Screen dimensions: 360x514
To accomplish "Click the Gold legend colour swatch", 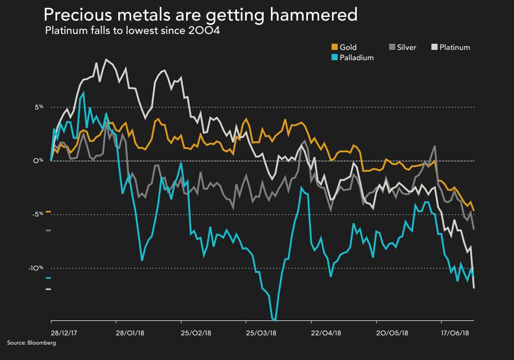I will click(x=335, y=47).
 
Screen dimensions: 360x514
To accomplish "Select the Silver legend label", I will click(x=407, y=47).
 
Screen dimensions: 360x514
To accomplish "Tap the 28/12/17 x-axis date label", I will click(x=64, y=332).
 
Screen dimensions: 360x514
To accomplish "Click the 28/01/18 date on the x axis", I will click(x=130, y=332).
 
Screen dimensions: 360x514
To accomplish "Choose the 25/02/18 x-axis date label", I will click(x=195, y=332).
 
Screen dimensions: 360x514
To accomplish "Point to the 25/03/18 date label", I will click(x=261, y=332).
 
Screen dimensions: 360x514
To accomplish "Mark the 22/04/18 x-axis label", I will click(x=326, y=332).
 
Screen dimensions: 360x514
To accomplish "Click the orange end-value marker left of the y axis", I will click(x=48, y=211).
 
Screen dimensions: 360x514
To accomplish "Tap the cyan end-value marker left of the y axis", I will click(x=48, y=278).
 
